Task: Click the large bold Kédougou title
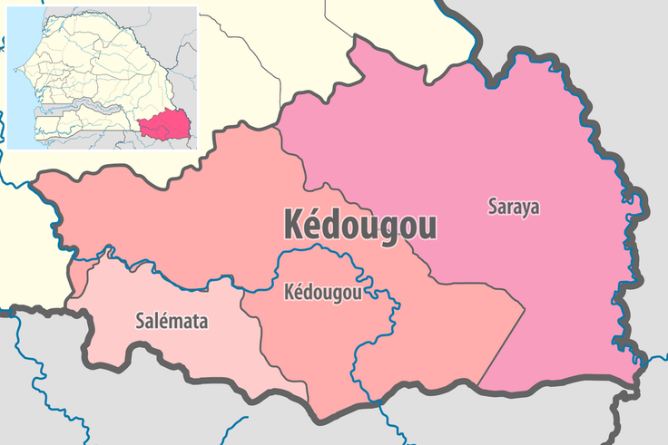point(359,224)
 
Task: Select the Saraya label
point(513,207)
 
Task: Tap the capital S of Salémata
point(139,321)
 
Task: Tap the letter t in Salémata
point(194,321)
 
